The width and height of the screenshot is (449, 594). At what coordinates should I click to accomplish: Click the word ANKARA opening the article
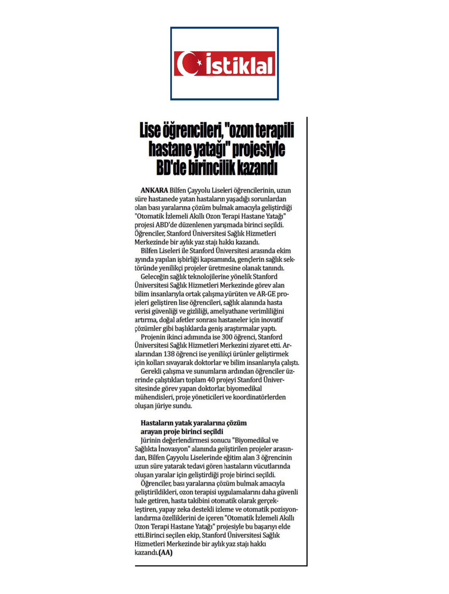coord(154,190)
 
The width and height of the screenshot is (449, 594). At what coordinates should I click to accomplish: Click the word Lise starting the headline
coord(150,130)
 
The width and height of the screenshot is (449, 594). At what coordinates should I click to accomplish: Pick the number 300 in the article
coord(227,337)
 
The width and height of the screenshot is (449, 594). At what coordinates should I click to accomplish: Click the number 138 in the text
coord(169,354)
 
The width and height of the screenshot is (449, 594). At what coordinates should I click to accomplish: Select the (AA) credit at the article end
coord(165,553)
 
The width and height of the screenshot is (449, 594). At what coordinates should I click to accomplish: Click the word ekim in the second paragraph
coord(284,251)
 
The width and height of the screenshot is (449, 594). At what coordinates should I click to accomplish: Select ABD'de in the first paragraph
coord(165,225)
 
